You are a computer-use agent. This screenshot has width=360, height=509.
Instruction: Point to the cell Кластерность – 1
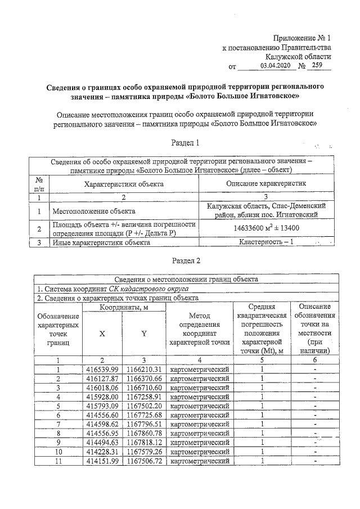point(267,242)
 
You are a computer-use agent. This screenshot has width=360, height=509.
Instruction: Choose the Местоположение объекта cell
point(94,211)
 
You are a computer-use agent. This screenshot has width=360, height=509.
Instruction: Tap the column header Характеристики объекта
point(124,183)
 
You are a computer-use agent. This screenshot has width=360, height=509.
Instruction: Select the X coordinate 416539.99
point(102,369)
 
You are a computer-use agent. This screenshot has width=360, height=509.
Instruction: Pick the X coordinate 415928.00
point(102,397)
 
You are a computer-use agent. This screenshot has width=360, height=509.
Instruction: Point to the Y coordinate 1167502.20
point(143,406)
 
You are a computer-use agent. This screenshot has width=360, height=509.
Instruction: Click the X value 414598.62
point(102,424)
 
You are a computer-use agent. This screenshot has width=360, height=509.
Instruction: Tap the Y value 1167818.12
point(143,443)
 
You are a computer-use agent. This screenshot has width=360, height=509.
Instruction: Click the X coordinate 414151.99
point(102,461)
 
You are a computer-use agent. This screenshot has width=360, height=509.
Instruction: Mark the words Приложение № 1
point(303,38)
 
